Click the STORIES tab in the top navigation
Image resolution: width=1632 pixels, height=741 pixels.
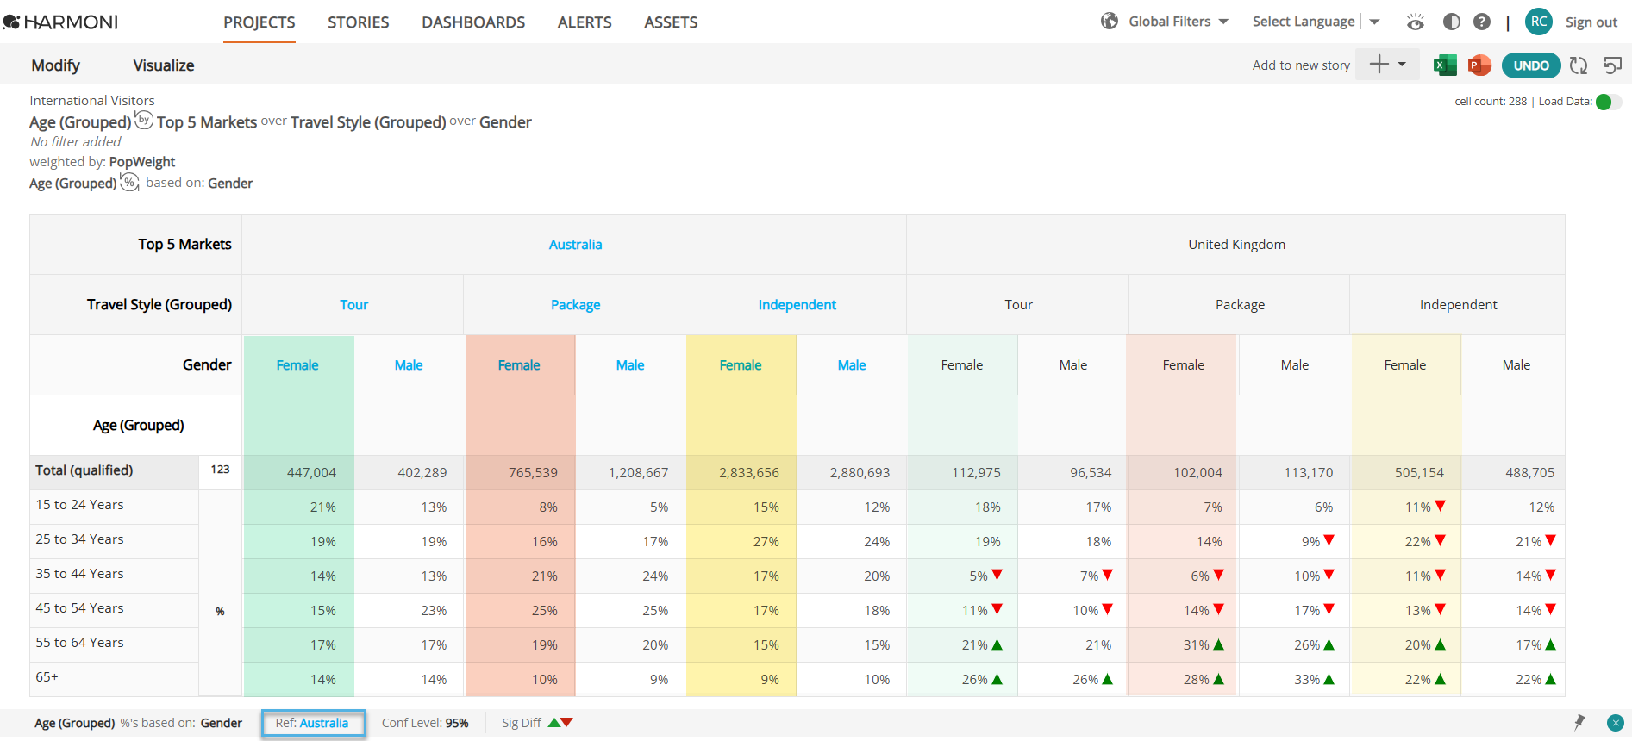tap(358, 22)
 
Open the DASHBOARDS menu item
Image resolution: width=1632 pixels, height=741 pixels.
tap(473, 22)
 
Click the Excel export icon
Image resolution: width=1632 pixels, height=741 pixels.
tap(1444, 65)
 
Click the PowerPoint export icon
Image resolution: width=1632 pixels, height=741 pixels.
tap(1479, 65)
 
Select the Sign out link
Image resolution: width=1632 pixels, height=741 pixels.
tap(1591, 22)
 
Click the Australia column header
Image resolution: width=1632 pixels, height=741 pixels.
tap(575, 245)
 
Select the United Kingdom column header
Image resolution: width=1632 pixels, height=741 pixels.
tap(1236, 245)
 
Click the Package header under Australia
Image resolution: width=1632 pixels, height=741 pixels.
tap(575, 305)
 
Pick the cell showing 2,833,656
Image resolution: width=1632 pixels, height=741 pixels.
tap(748, 473)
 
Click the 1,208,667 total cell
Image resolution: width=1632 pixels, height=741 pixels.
tap(638, 473)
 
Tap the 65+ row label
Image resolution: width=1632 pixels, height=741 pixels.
tap(47, 677)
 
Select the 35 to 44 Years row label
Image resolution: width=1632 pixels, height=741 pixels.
tap(79, 574)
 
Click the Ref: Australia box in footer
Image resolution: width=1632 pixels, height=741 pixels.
tap(312, 723)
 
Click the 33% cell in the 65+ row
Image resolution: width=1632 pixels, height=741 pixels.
tap(1307, 680)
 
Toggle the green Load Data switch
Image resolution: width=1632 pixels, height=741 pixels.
tap(1608, 102)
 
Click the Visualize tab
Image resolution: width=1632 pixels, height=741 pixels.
tap(164, 65)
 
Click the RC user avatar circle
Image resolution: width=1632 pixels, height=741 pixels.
tap(1538, 22)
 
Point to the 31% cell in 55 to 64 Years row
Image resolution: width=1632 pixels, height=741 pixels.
tap(1197, 645)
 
